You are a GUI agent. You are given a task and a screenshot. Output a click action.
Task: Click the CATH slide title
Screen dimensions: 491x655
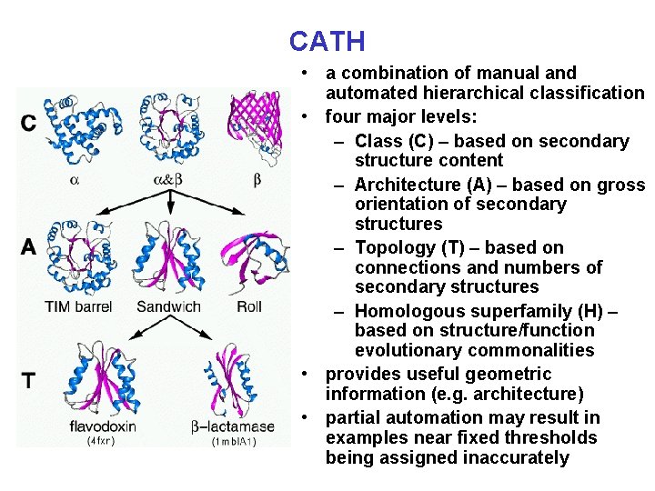tap(327, 41)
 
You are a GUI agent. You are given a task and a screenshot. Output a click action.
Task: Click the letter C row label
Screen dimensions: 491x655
tap(29, 123)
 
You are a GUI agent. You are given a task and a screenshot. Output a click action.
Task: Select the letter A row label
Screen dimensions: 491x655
tap(29, 246)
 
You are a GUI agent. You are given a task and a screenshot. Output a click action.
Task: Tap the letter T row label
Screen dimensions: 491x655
tap(29, 380)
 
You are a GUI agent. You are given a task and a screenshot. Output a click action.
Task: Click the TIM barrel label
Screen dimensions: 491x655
tap(78, 306)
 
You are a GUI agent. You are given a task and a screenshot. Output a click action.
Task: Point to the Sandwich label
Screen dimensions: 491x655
tap(168, 306)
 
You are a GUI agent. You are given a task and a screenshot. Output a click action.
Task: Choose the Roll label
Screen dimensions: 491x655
tap(248, 306)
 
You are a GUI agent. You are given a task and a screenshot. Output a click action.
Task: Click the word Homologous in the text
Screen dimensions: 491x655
tap(408, 311)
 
